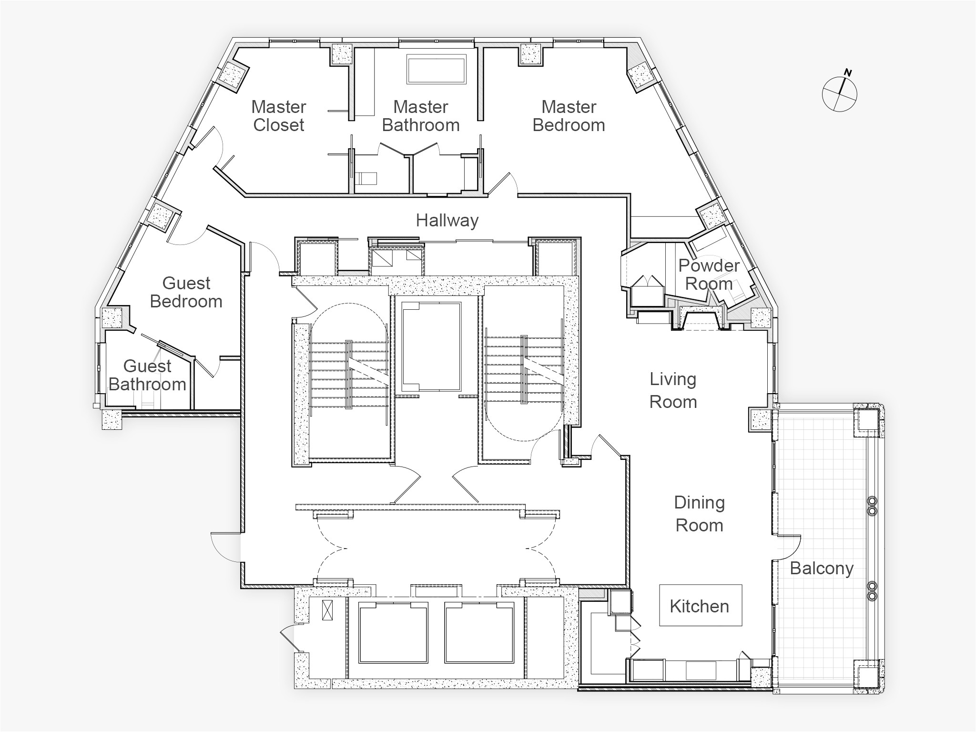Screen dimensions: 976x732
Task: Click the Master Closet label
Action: click(x=279, y=116)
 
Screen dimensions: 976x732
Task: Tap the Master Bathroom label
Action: click(x=421, y=116)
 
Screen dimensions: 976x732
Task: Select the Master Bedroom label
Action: click(x=569, y=116)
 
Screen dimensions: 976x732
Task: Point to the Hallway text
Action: click(x=447, y=220)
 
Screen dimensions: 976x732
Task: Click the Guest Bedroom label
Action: click(x=186, y=292)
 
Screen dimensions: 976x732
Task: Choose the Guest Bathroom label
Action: click(x=147, y=375)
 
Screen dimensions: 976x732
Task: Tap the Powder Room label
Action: click(x=709, y=274)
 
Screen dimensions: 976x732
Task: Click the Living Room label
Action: click(x=673, y=390)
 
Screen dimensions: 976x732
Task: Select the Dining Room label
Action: click(x=700, y=514)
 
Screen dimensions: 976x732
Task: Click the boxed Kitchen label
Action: click(x=701, y=605)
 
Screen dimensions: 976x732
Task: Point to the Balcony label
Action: click(x=822, y=569)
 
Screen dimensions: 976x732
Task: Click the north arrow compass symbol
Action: click(x=840, y=94)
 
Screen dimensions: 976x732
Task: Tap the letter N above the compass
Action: click(x=848, y=72)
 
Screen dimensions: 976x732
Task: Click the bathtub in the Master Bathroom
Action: click(x=436, y=70)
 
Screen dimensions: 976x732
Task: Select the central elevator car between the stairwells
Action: click(x=432, y=346)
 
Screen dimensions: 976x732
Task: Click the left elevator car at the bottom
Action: click(x=391, y=632)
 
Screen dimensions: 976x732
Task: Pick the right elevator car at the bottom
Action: click(x=480, y=632)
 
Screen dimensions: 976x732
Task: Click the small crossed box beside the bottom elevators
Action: click(x=327, y=610)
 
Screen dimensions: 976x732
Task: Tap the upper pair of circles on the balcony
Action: click(x=873, y=506)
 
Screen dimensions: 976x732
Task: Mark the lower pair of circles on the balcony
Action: click(x=873, y=591)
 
